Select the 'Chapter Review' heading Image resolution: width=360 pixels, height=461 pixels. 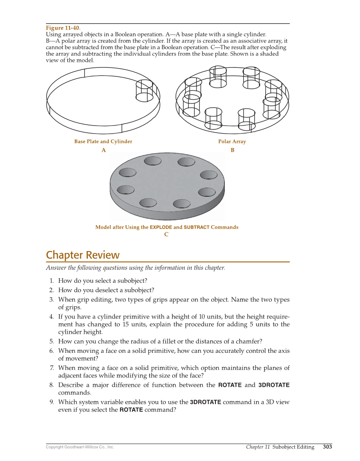[x=83, y=255]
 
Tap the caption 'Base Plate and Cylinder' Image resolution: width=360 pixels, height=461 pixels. [x=103, y=142]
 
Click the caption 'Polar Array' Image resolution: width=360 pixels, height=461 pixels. [x=232, y=142]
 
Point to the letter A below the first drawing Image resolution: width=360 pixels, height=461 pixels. [x=103, y=150]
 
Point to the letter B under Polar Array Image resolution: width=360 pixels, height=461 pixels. [x=232, y=150]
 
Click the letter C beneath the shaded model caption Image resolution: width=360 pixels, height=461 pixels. [x=166, y=235]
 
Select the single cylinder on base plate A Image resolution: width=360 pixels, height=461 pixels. [x=144, y=91]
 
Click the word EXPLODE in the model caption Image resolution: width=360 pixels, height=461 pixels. [x=161, y=227]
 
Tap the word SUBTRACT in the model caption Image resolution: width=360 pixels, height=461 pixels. [x=196, y=227]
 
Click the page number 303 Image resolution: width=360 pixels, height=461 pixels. [x=327, y=447]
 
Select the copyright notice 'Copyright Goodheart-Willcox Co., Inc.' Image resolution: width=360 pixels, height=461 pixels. [x=80, y=447]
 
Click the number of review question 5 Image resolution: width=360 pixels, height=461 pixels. [x=51, y=341]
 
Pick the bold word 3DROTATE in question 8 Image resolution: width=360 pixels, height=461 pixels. [x=274, y=385]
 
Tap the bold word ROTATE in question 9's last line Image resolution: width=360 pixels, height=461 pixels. [x=131, y=410]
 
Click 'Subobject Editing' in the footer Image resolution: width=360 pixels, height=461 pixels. [x=293, y=447]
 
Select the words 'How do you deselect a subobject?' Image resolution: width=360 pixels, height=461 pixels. [x=106, y=290]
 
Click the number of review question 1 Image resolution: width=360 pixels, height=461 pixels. [x=51, y=281]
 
